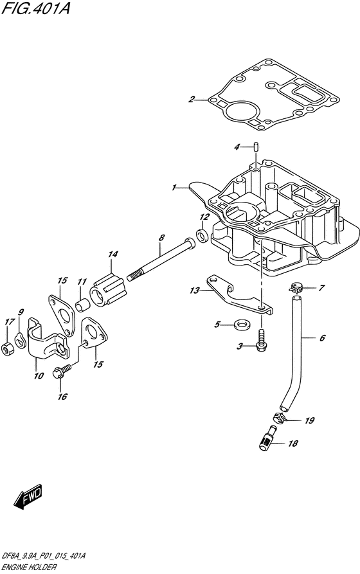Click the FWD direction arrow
pyautogui.click(x=28, y=497)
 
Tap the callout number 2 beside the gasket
pyautogui.click(x=191, y=99)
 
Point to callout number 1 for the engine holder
pyautogui.click(x=174, y=188)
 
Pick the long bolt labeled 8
pyautogui.click(x=161, y=262)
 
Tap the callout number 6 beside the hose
pyautogui.click(x=322, y=337)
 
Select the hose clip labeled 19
pyautogui.click(x=280, y=417)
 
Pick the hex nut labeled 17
pyautogui.click(x=7, y=349)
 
